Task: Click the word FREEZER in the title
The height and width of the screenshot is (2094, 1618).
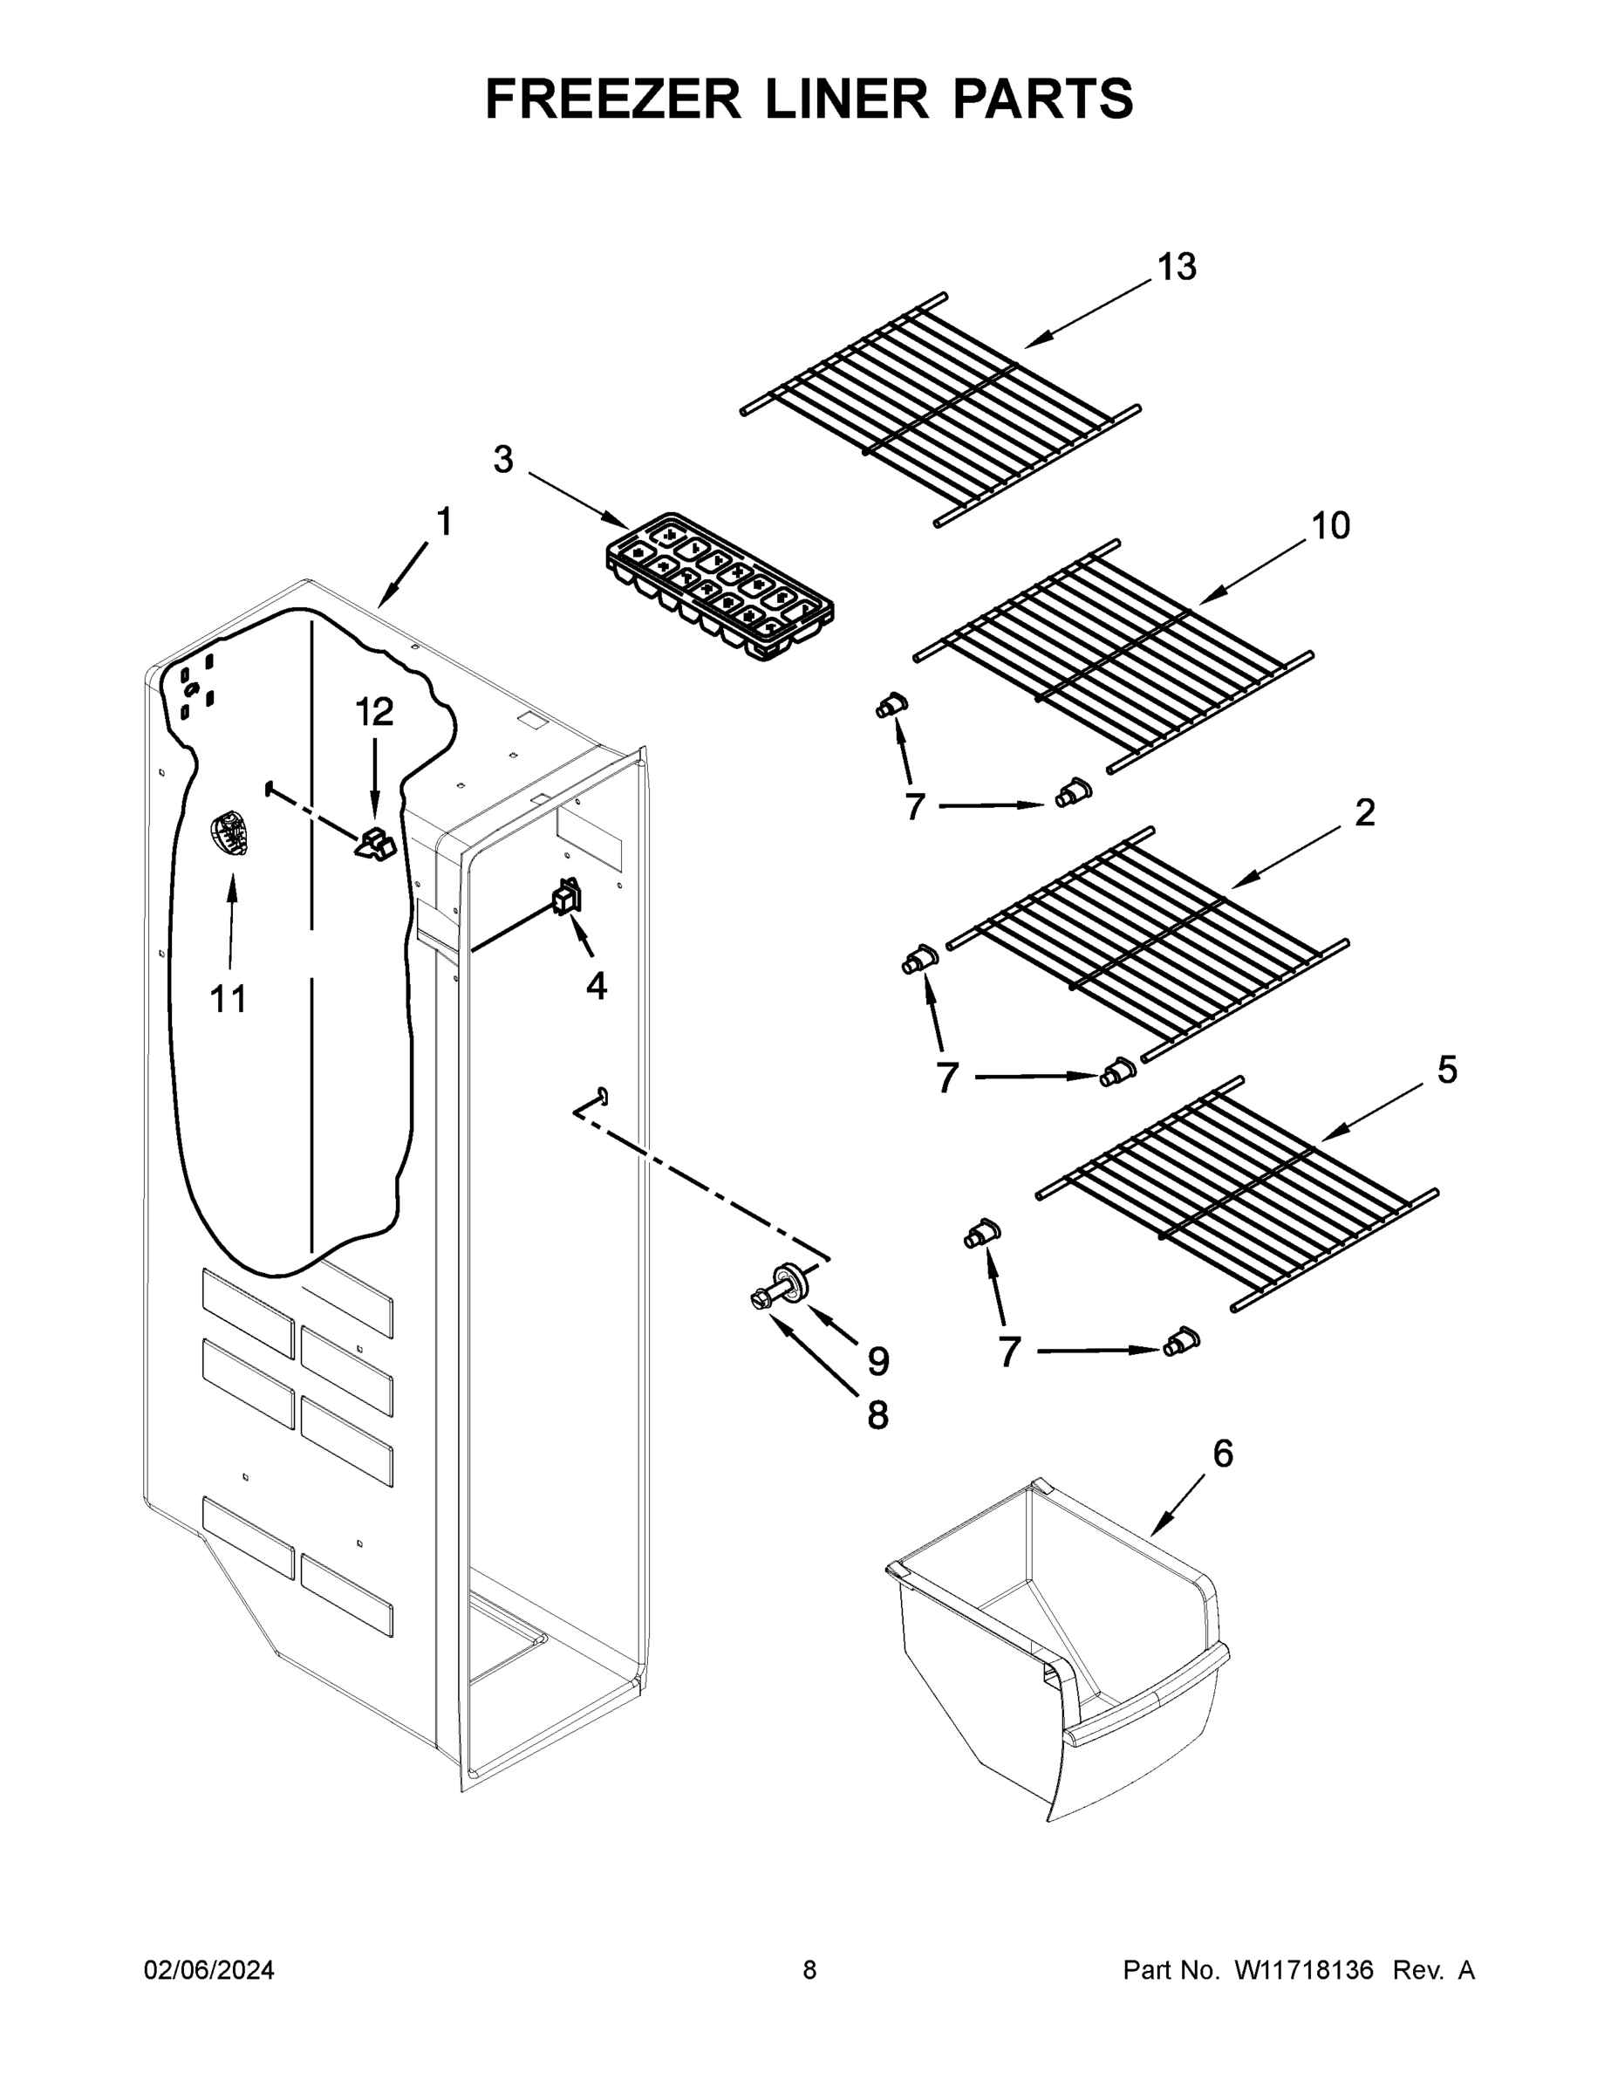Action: coord(612,99)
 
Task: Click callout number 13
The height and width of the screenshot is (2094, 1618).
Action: coord(1176,268)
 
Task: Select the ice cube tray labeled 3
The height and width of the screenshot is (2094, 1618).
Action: coord(719,587)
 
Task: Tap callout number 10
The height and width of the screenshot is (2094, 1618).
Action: coord(1330,525)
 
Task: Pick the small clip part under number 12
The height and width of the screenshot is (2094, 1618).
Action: coord(377,844)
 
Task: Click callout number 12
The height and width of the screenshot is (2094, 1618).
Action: coord(375,711)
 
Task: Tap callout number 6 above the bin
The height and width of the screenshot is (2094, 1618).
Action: coord(1223,1454)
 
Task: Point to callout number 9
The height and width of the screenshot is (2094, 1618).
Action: coord(878,1360)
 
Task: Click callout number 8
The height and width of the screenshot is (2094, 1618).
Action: coord(878,1415)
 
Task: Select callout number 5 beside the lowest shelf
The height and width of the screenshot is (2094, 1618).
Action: coord(1446,1070)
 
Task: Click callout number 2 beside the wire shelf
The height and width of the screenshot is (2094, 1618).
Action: coord(1365,813)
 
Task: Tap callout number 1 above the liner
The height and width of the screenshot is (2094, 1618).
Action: coord(444,523)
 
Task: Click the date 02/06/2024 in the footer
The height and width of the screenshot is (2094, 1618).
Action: coord(209,1970)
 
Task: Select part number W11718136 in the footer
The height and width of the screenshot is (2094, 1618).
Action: coord(1304,1970)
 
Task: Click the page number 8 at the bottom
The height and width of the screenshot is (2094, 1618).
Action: coord(809,1970)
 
